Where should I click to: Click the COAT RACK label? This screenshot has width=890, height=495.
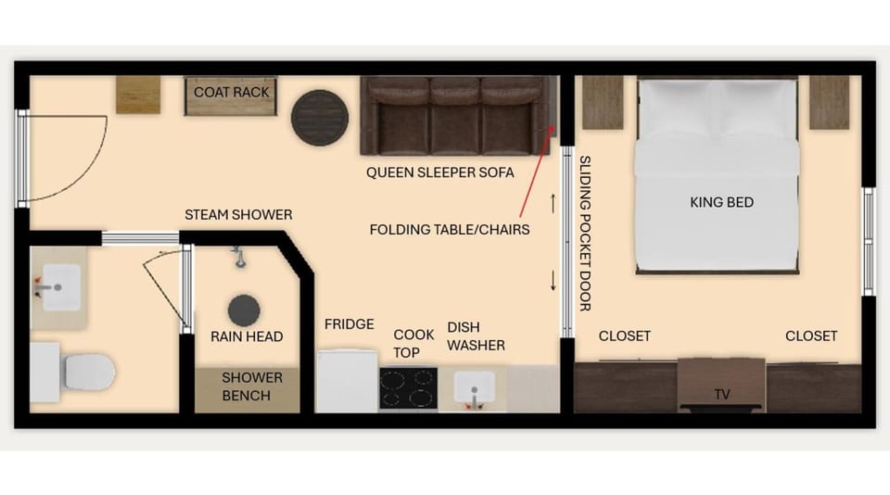point(231,92)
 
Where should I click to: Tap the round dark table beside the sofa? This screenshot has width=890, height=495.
point(320,118)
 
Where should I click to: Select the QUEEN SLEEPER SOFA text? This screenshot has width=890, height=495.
point(439,172)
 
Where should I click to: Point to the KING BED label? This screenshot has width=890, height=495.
point(721,202)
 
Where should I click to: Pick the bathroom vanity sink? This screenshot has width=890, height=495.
point(61,287)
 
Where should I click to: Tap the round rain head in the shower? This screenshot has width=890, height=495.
point(244,311)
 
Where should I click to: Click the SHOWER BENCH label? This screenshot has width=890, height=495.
point(252,387)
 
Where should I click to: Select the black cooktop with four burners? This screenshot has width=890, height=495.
point(409,388)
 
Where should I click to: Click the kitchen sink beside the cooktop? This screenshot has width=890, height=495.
point(474,387)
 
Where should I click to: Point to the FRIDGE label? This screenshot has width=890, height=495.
point(350,324)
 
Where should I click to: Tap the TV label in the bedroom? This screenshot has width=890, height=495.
point(722,394)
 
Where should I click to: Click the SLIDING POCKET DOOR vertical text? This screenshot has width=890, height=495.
point(585,234)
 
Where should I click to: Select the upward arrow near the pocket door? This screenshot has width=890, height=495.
point(553,204)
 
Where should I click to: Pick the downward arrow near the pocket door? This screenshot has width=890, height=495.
point(553,281)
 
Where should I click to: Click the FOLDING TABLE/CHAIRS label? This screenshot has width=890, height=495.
point(450,230)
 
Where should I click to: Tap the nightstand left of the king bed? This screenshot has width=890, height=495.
point(603,103)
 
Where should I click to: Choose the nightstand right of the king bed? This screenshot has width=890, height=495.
point(829,103)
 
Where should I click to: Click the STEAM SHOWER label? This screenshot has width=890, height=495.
point(238,214)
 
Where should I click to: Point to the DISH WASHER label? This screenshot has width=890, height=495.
point(476,336)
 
